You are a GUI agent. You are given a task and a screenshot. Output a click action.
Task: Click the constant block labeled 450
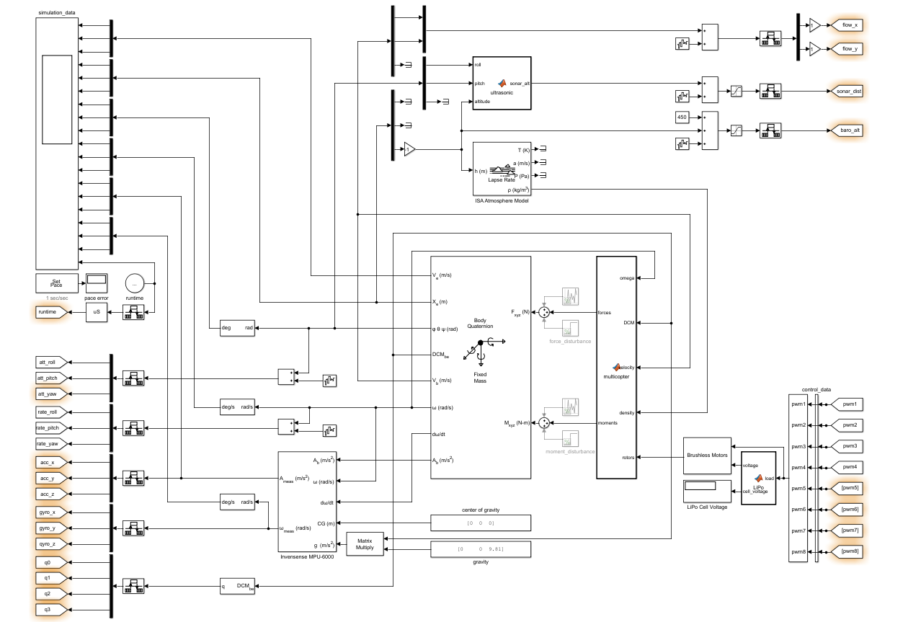point(682,117)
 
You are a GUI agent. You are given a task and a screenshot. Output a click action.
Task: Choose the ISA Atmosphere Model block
point(502,169)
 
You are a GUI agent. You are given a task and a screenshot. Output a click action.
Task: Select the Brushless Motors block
point(707,456)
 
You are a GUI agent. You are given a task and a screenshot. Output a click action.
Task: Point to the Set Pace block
point(56,283)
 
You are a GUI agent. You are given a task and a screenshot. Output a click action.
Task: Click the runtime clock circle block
point(134,283)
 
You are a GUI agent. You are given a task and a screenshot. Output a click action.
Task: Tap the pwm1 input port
point(847,404)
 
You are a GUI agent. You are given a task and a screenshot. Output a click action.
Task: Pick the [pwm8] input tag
point(847,551)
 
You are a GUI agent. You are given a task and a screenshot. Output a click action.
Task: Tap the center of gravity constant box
point(481,523)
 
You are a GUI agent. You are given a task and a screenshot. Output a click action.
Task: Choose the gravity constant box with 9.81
point(481,550)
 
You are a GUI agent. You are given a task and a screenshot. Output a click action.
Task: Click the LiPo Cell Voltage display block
point(707,490)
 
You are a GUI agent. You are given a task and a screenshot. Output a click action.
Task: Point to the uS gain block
point(96,312)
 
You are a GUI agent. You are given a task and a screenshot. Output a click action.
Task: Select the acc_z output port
point(51,494)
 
